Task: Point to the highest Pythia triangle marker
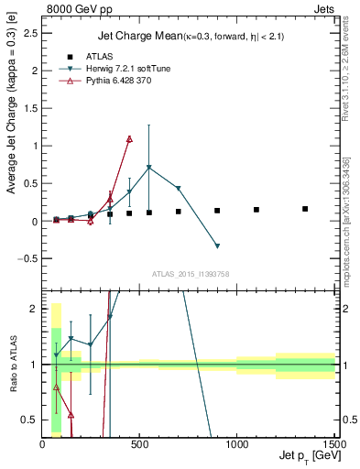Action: (129, 139)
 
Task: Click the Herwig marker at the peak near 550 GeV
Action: (149, 168)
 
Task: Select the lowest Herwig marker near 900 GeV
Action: (217, 245)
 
